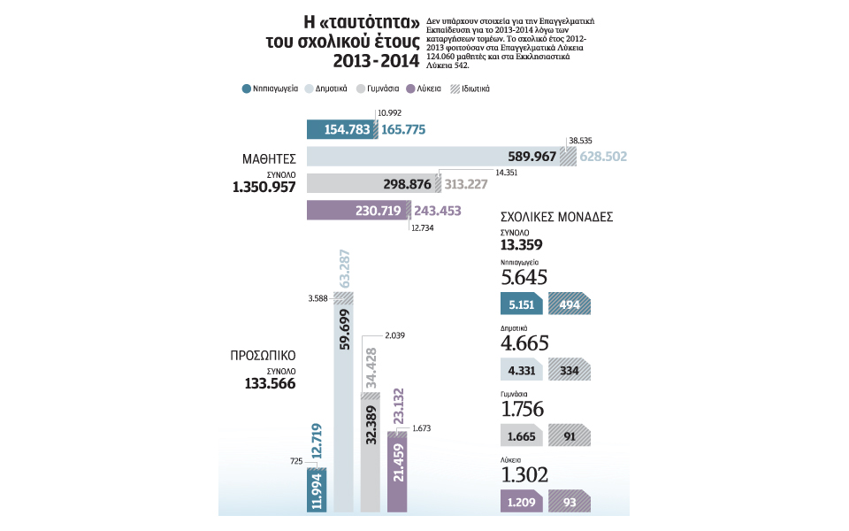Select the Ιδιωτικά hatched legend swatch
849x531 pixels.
pyautogui.click(x=455, y=88)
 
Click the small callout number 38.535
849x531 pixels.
pyautogui.click(x=580, y=141)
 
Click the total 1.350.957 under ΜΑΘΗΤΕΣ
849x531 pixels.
pyautogui.click(x=264, y=187)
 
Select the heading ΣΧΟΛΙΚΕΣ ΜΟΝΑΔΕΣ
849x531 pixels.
pyautogui.click(x=556, y=216)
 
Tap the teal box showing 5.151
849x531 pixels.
pyautogui.click(x=521, y=304)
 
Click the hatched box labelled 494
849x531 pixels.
pyautogui.click(x=570, y=304)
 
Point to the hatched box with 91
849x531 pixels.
pyautogui.click(x=570, y=436)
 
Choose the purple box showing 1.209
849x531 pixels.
pyautogui.click(x=521, y=502)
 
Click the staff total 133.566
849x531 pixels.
pyautogui.click(x=270, y=383)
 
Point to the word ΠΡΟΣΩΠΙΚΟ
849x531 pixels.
pyautogui.click(x=263, y=356)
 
